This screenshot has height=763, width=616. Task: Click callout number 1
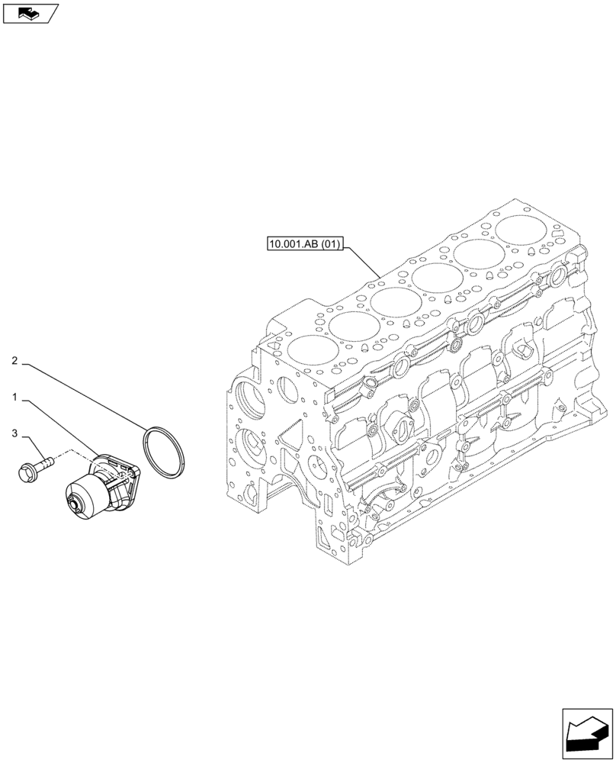(15, 398)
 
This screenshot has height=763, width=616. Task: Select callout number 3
(15, 434)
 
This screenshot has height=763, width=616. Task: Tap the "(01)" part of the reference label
(330, 245)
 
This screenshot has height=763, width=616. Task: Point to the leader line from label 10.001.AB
(363, 264)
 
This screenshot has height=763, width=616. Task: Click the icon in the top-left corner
(30, 13)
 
